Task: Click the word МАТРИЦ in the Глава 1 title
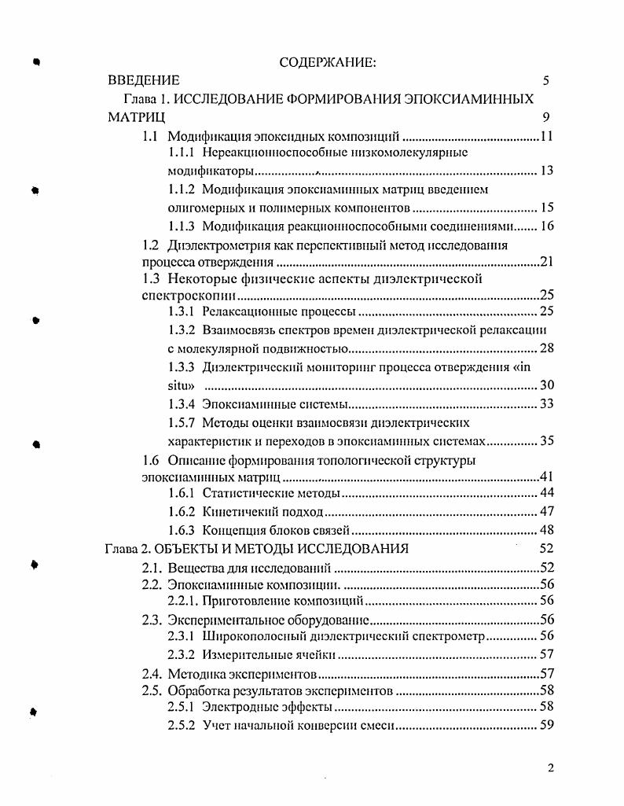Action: point(136,118)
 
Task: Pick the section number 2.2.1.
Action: point(184,602)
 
